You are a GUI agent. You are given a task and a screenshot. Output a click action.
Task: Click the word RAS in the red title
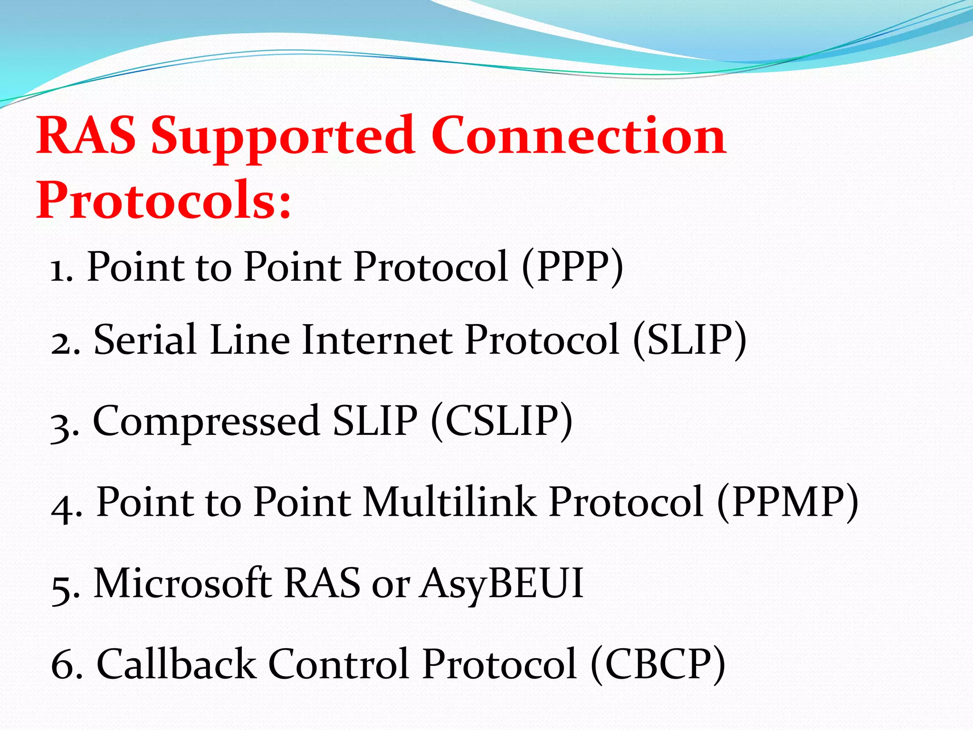coord(86,136)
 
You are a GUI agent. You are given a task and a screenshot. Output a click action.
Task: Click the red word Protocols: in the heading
coord(163,201)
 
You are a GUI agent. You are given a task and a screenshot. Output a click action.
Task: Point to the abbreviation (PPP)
coord(572,267)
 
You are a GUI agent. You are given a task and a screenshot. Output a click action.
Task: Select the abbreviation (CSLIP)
coord(502,421)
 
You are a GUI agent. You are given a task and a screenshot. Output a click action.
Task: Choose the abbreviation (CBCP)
coord(658,664)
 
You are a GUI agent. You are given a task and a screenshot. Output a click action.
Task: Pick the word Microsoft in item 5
coord(183,583)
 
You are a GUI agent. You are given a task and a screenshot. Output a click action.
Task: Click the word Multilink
coord(449,502)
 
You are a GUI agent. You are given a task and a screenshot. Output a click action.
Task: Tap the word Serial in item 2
coord(145,340)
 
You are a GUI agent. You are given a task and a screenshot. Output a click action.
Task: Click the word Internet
coord(377,340)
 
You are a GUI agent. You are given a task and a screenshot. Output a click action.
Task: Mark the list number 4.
coord(65,507)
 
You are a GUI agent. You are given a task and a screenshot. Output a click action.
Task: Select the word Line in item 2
coord(250,340)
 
